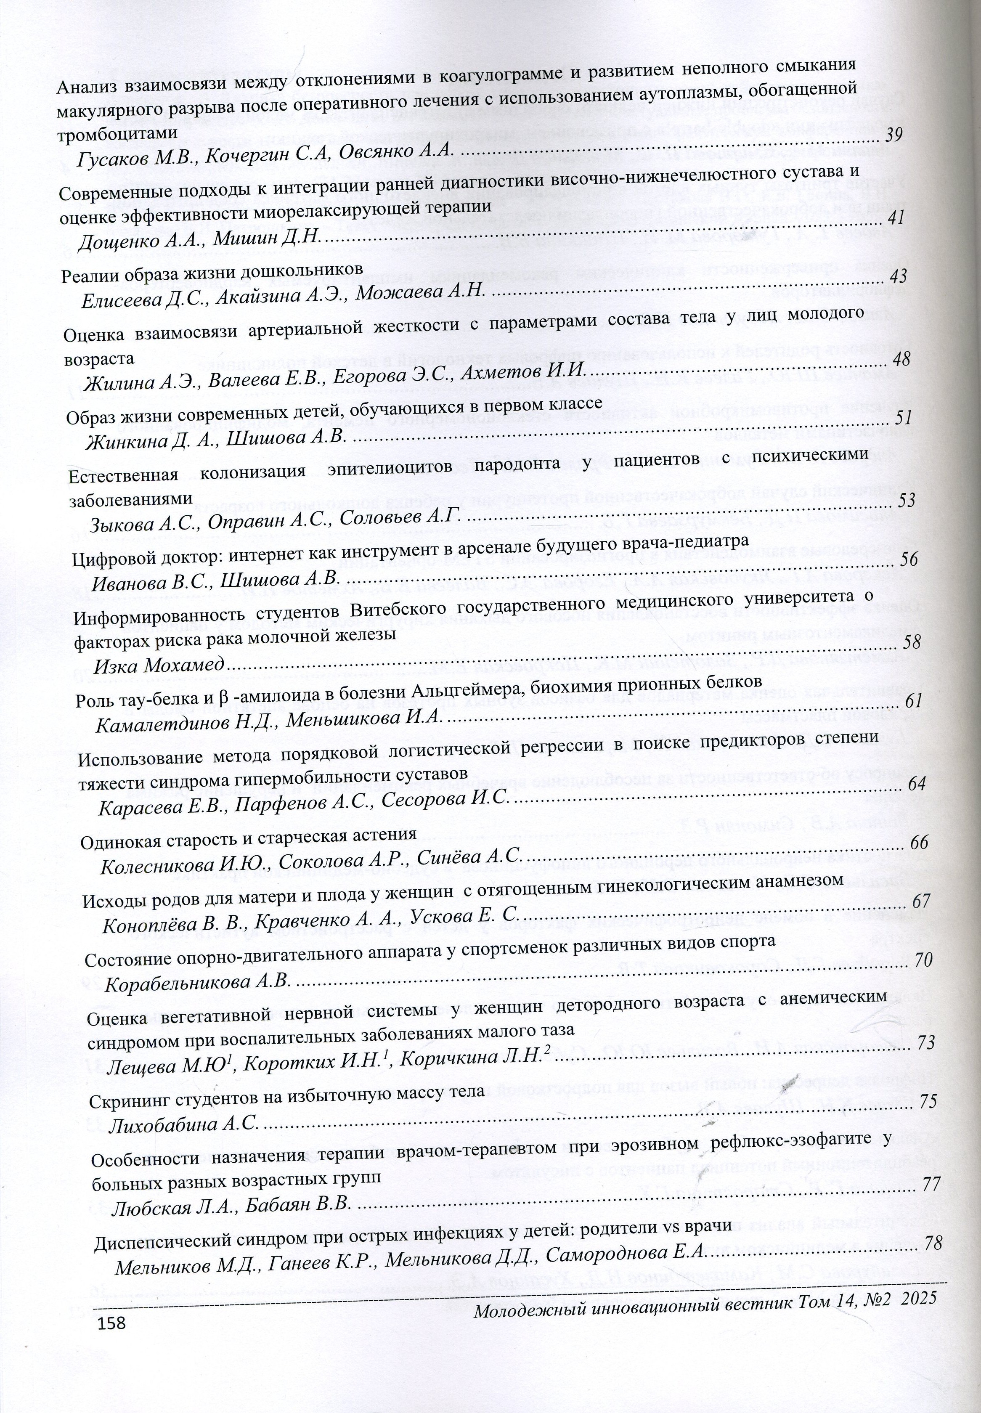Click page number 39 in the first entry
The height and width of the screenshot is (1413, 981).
point(894,135)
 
